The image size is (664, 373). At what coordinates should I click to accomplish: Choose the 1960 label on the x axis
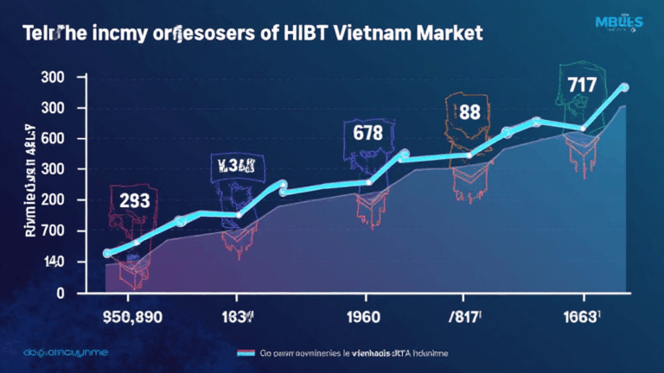(362, 317)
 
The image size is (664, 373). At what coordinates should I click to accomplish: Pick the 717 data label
(582, 85)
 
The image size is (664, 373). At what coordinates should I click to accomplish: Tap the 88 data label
(469, 112)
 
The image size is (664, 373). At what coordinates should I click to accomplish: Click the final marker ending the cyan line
(624, 87)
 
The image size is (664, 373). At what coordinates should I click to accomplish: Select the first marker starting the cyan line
(107, 253)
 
